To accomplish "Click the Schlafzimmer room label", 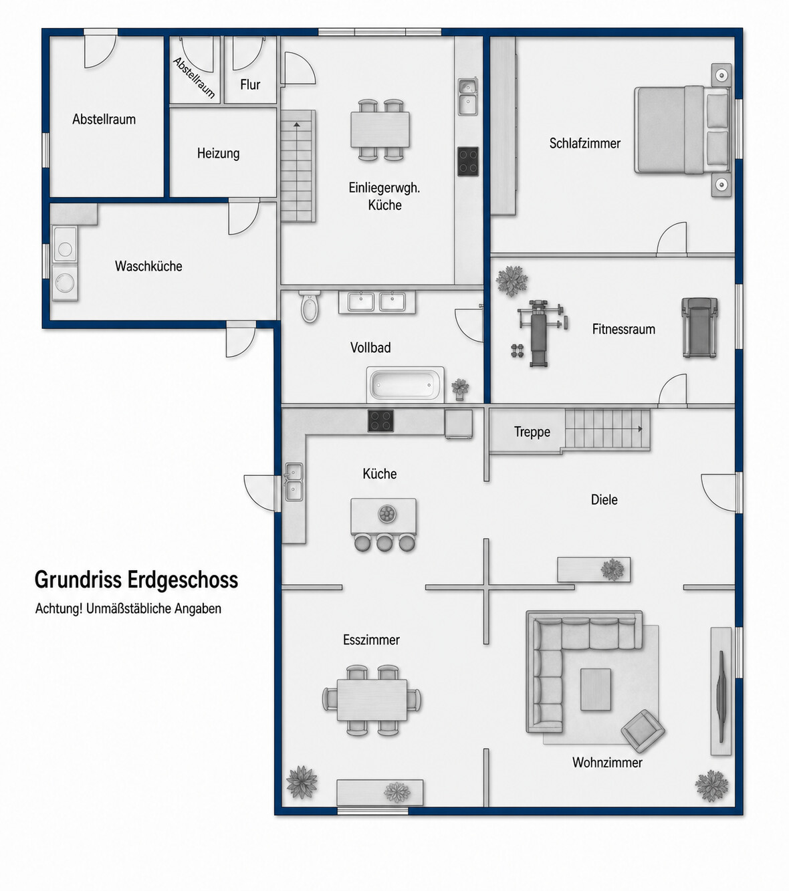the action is [585, 143].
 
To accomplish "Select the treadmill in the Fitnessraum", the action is [699, 328].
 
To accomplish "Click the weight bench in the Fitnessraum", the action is [540, 333].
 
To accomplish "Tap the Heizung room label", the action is [218, 154].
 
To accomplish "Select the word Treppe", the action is [532, 432].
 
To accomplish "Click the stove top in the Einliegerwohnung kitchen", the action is [468, 161].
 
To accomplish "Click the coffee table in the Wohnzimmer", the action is [595, 689].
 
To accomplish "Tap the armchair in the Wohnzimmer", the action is [643, 731].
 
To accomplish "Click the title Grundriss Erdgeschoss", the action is [136, 580].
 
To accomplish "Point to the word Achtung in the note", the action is [59, 609].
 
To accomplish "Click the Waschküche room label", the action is [148, 266].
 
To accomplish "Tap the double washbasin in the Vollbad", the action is [377, 302].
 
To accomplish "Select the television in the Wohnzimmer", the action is [721, 696].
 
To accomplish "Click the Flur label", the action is [250, 84].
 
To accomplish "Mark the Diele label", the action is [604, 499].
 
